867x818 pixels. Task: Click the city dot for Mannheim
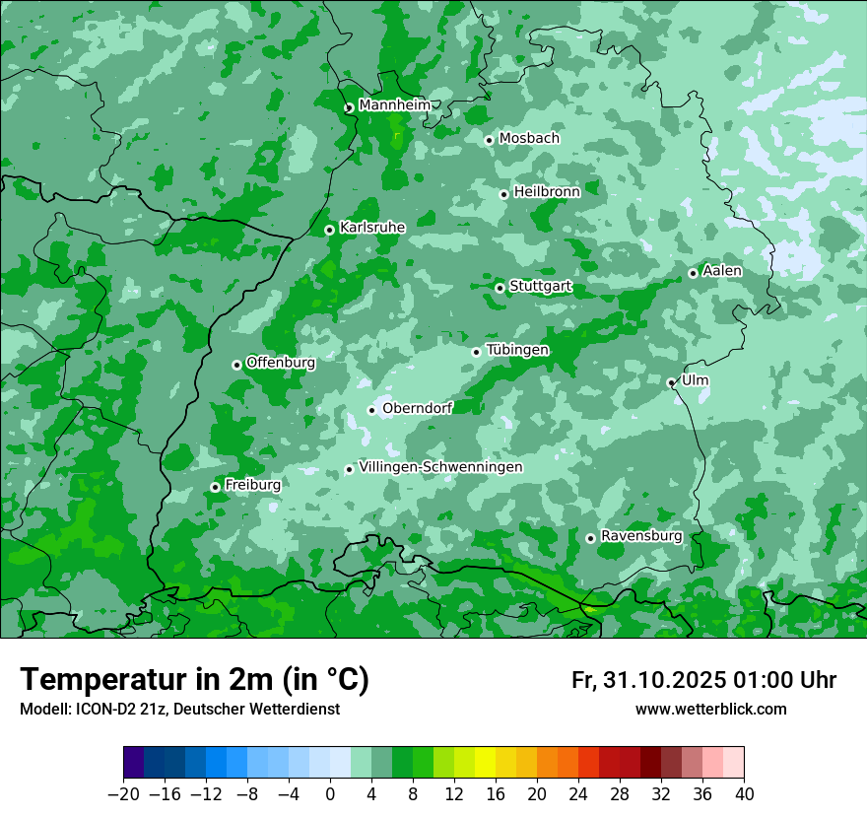point(349,108)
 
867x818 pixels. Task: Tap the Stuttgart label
point(540,287)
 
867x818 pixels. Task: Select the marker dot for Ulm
point(672,382)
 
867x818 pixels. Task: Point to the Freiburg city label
point(252,485)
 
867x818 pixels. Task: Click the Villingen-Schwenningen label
point(440,467)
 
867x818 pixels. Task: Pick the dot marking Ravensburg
point(591,538)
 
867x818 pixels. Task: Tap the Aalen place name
point(722,271)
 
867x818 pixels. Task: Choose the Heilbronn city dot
point(504,194)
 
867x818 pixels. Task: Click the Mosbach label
point(529,139)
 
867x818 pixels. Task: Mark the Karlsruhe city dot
point(330,230)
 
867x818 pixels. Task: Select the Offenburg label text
point(281,363)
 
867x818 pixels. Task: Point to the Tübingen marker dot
point(477,352)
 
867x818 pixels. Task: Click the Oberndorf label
point(417,408)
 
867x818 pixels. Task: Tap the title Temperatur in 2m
point(194,680)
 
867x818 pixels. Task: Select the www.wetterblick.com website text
point(710,710)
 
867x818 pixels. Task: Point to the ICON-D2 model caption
point(179,710)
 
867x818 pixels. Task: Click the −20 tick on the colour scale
point(123,794)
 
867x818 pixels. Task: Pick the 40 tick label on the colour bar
point(744,794)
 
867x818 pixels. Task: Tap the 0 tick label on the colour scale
point(330,794)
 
